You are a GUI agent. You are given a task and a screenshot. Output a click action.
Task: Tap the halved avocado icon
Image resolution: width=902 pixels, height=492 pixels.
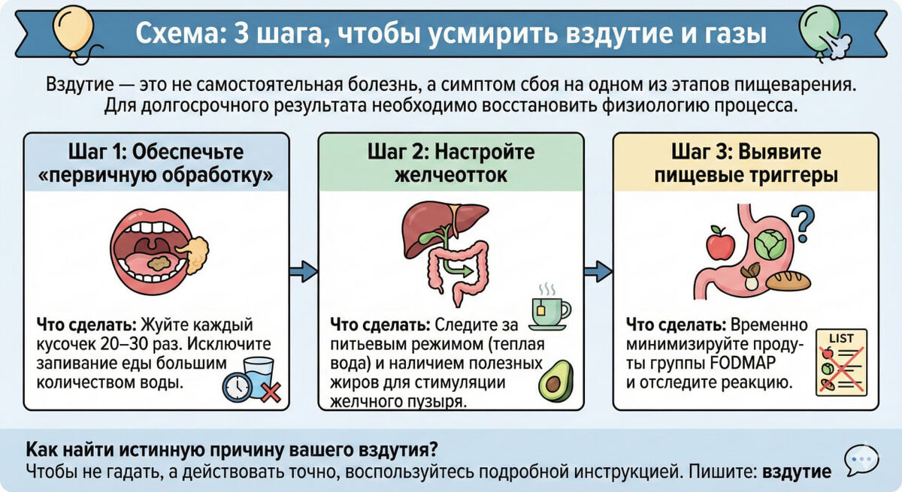(x=555, y=381)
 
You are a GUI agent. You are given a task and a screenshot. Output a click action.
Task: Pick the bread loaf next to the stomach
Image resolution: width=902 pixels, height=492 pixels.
(x=788, y=280)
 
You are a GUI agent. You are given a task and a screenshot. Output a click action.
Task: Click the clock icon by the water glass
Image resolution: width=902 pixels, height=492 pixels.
(x=237, y=388)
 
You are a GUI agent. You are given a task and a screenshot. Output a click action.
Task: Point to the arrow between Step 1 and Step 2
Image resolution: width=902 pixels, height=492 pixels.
(x=303, y=270)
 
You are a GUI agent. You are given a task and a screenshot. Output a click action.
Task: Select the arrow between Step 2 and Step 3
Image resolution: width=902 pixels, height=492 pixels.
(x=598, y=270)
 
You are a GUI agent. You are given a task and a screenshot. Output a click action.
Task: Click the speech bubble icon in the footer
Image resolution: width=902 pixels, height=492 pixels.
(x=861, y=460)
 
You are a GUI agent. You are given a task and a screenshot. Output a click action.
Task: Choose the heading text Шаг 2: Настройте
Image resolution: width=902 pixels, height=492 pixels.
(x=451, y=152)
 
